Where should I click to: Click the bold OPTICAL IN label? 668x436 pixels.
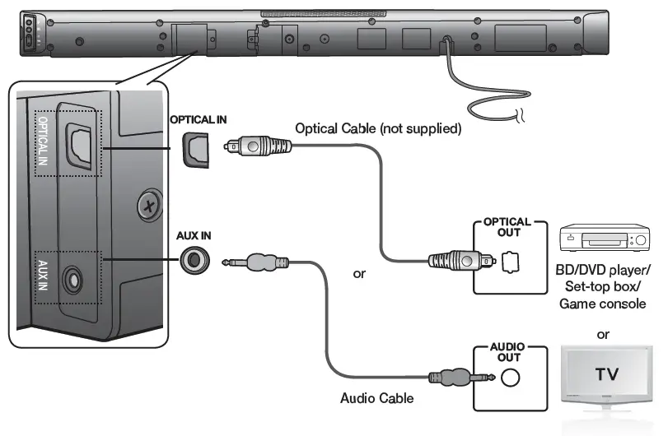tap(198, 119)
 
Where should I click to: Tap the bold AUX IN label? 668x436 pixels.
tap(194, 235)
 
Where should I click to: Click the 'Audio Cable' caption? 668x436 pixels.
tap(377, 398)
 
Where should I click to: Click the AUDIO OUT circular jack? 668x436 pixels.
tap(511, 377)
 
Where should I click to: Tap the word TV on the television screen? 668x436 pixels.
tap(606, 375)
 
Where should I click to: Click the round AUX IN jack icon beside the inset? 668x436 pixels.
tap(195, 261)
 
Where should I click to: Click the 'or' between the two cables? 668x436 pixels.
tap(359, 272)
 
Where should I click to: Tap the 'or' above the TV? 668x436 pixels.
tap(604, 335)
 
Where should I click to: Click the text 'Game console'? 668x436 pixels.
tap(603, 304)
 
